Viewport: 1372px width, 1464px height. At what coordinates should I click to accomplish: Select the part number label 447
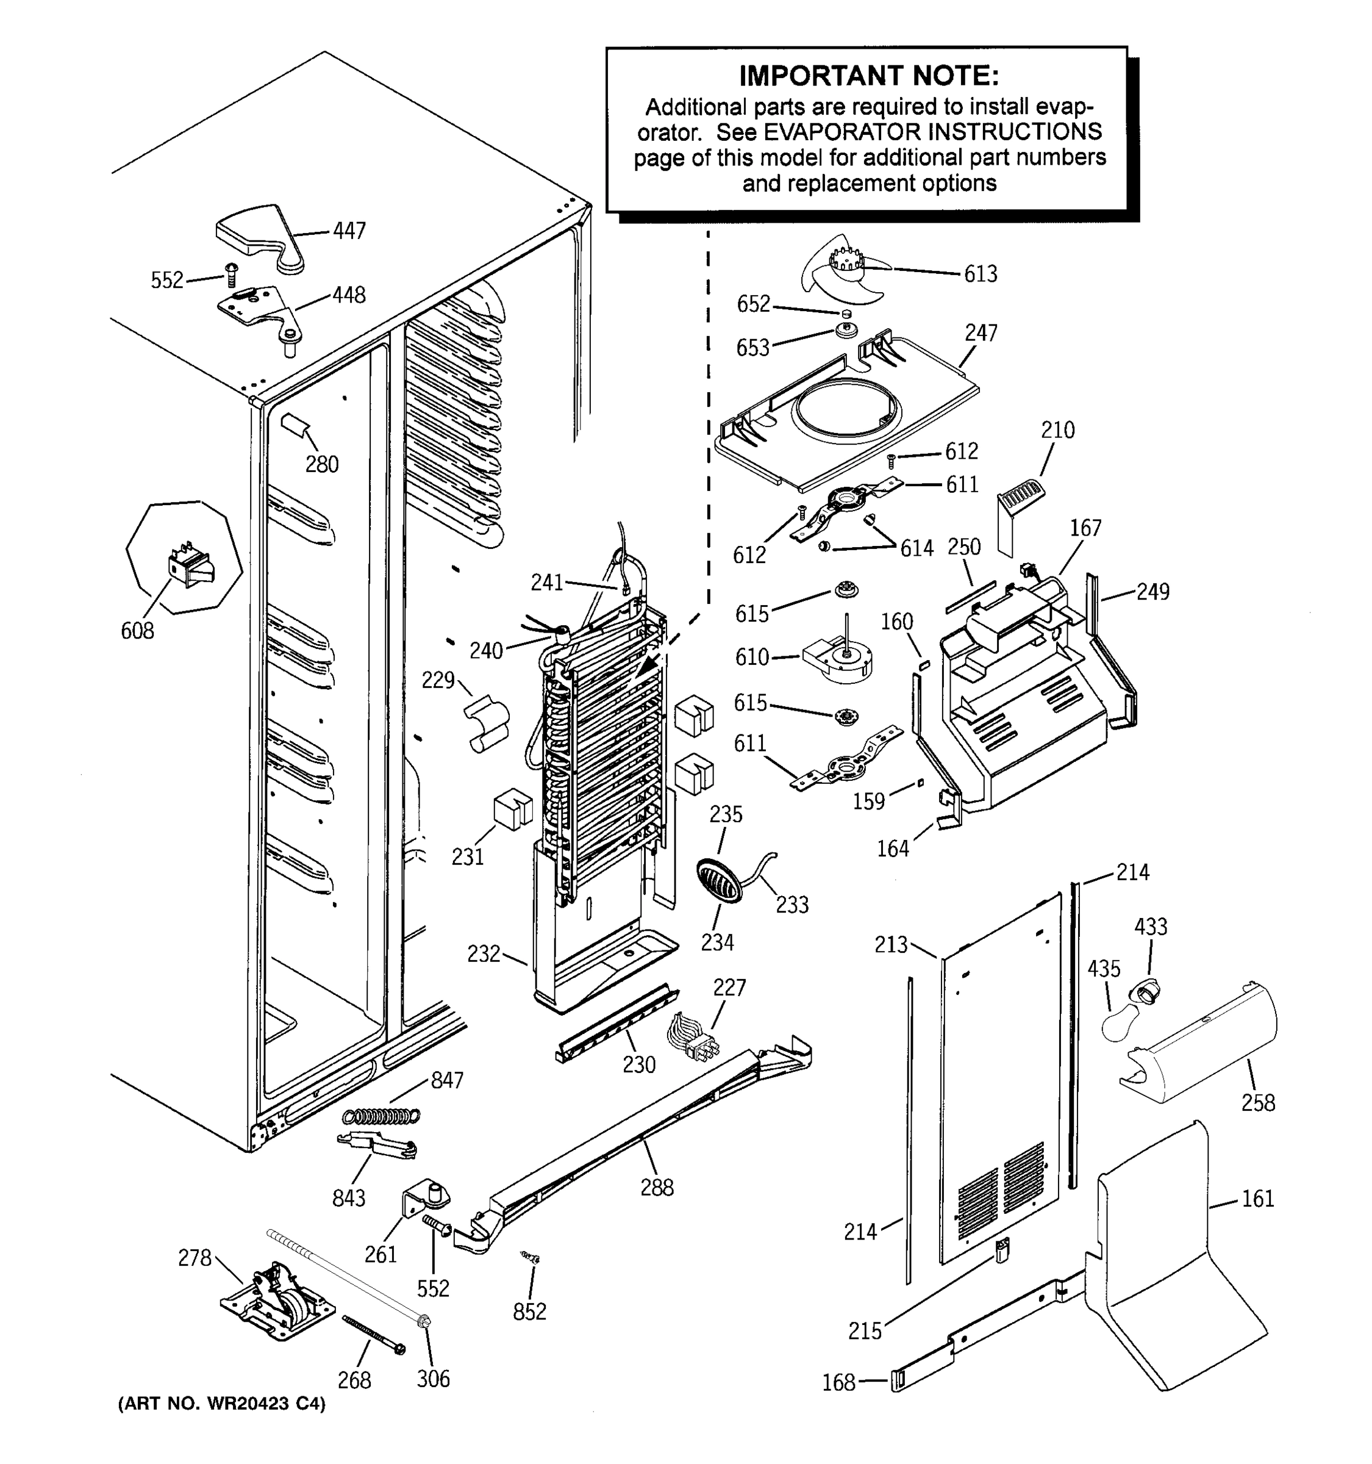[349, 231]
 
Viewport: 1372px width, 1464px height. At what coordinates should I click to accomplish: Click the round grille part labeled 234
[718, 879]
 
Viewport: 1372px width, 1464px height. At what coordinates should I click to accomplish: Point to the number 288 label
[657, 1187]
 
